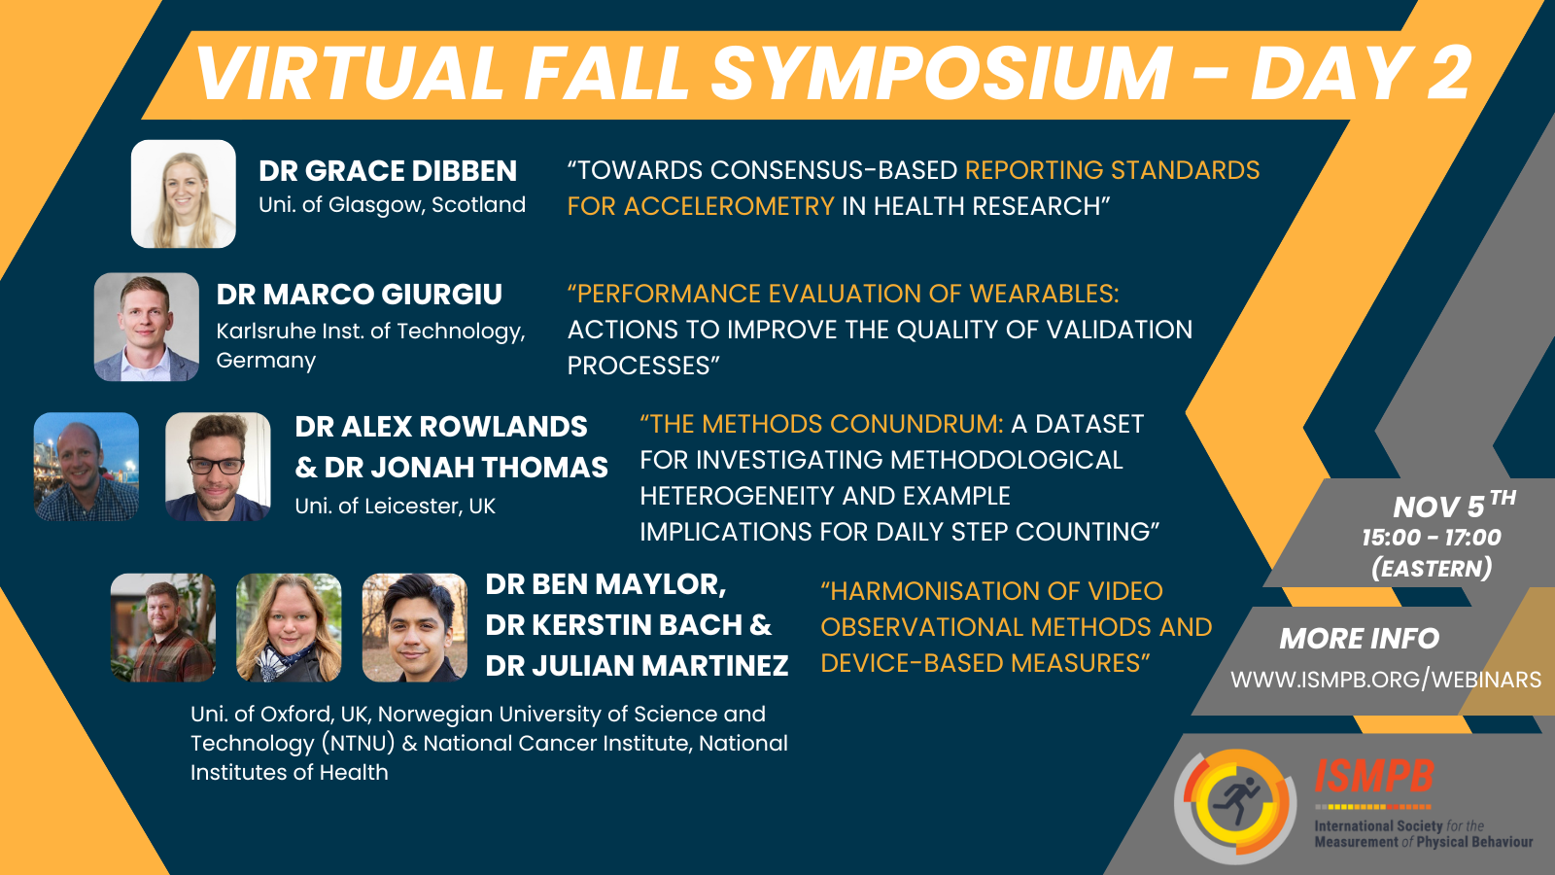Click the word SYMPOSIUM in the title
pyautogui.click(x=943, y=74)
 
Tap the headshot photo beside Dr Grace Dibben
pyautogui.click(x=184, y=193)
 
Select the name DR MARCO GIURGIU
pyautogui.click(x=359, y=294)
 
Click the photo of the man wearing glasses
pyautogui.click(x=218, y=467)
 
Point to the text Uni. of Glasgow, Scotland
pyautogui.click(x=392, y=205)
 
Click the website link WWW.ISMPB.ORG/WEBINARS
pyautogui.click(x=1385, y=680)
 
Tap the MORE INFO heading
pyautogui.click(x=1359, y=639)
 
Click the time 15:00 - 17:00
pyautogui.click(x=1431, y=538)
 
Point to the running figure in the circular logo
pyautogui.click(x=1235, y=803)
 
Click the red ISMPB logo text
pyautogui.click(x=1374, y=777)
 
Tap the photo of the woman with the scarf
pyautogui.click(x=289, y=627)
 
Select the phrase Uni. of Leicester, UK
pyautogui.click(x=395, y=507)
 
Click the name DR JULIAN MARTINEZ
pyautogui.click(x=637, y=666)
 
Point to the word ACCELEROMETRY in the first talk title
pyautogui.click(x=729, y=206)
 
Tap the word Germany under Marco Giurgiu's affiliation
pyautogui.click(x=265, y=361)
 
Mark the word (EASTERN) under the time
pyautogui.click(x=1431, y=569)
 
